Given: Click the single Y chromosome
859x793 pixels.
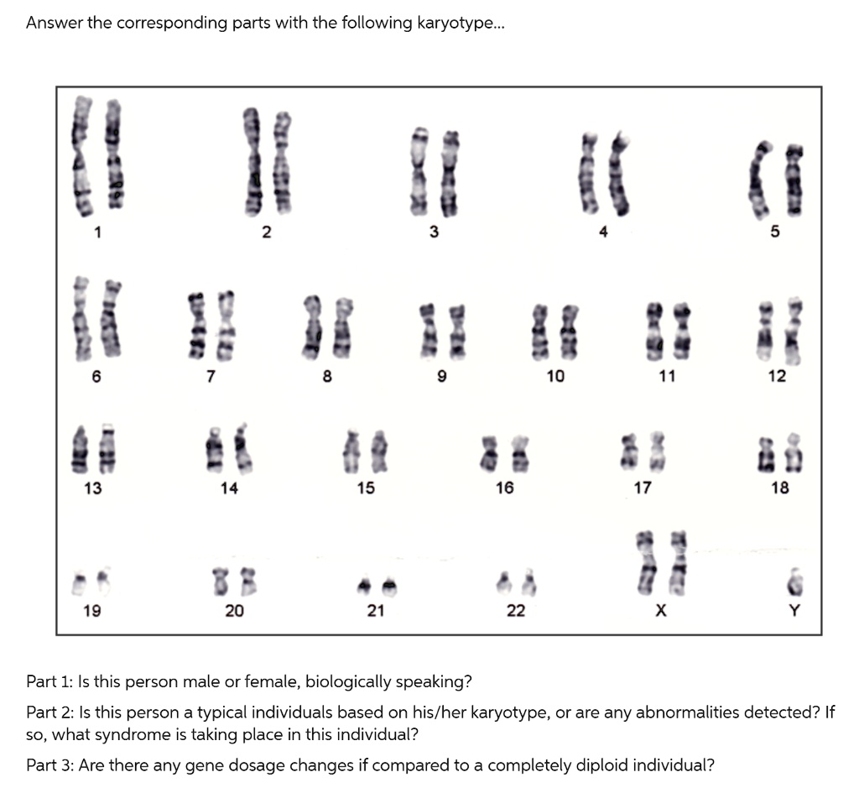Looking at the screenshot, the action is (796, 582).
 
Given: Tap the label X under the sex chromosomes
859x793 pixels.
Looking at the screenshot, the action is (661, 610).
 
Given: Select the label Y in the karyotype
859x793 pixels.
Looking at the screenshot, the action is (794, 610).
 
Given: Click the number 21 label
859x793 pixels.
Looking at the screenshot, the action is (375, 610).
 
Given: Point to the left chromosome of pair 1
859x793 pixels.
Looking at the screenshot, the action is (81, 155).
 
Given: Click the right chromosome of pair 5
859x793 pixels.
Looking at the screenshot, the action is (794, 180).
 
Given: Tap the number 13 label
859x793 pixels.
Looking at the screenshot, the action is (92, 488).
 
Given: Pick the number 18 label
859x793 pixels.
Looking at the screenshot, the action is (779, 488).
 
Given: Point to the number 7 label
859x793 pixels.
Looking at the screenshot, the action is (211, 376).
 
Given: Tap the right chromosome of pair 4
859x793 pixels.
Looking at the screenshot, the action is (619, 173).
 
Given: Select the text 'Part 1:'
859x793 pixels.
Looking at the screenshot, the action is (49, 681).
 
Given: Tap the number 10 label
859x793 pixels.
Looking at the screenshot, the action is (555, 376).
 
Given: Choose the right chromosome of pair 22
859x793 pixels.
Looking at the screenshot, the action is (528, 582).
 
